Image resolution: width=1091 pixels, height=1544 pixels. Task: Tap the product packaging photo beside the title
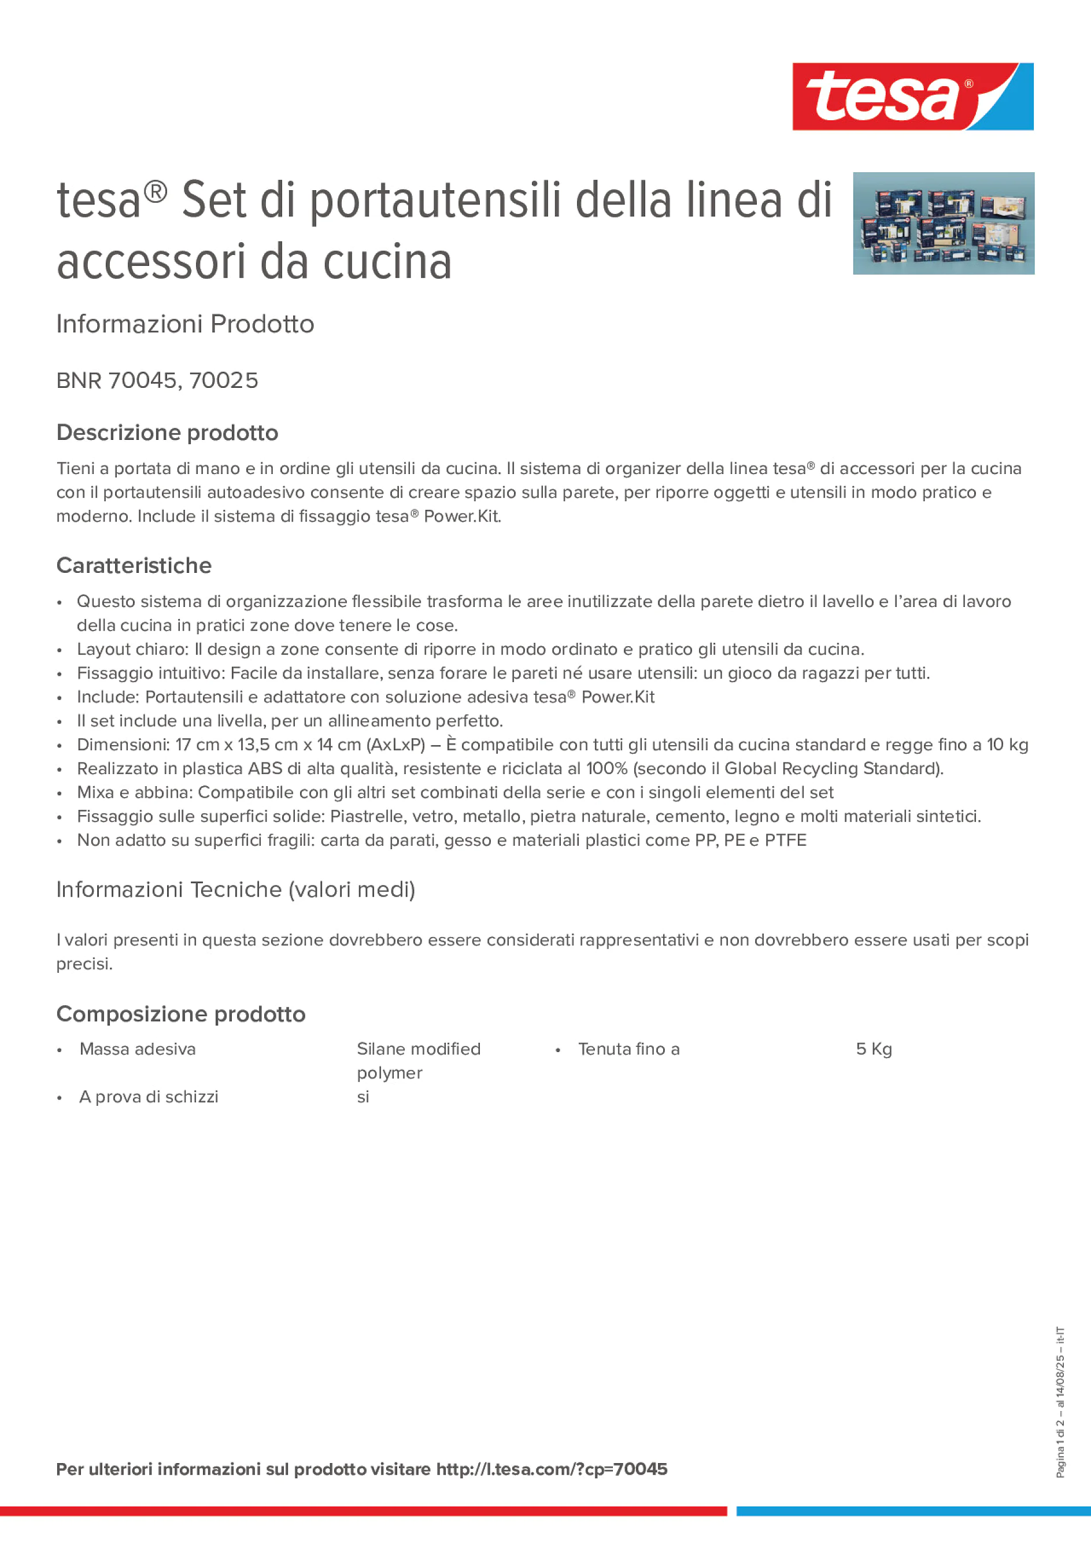(943, 223)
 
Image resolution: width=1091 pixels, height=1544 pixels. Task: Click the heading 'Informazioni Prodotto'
(185, 324)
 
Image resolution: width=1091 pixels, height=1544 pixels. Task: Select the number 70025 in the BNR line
(223, 380)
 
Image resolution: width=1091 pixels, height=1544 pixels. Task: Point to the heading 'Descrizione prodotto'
(167, 432)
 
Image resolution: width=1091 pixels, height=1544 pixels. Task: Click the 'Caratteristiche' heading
(134, 565)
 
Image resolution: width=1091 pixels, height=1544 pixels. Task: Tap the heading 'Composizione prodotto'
(180, 1014)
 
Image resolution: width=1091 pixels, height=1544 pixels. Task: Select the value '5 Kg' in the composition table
(874, 1049)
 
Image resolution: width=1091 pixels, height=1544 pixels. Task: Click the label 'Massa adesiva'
(137, 1049)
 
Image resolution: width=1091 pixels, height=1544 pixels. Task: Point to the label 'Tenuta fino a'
(629, 1049)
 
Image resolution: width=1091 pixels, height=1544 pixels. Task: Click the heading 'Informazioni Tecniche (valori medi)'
(235, 890)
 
